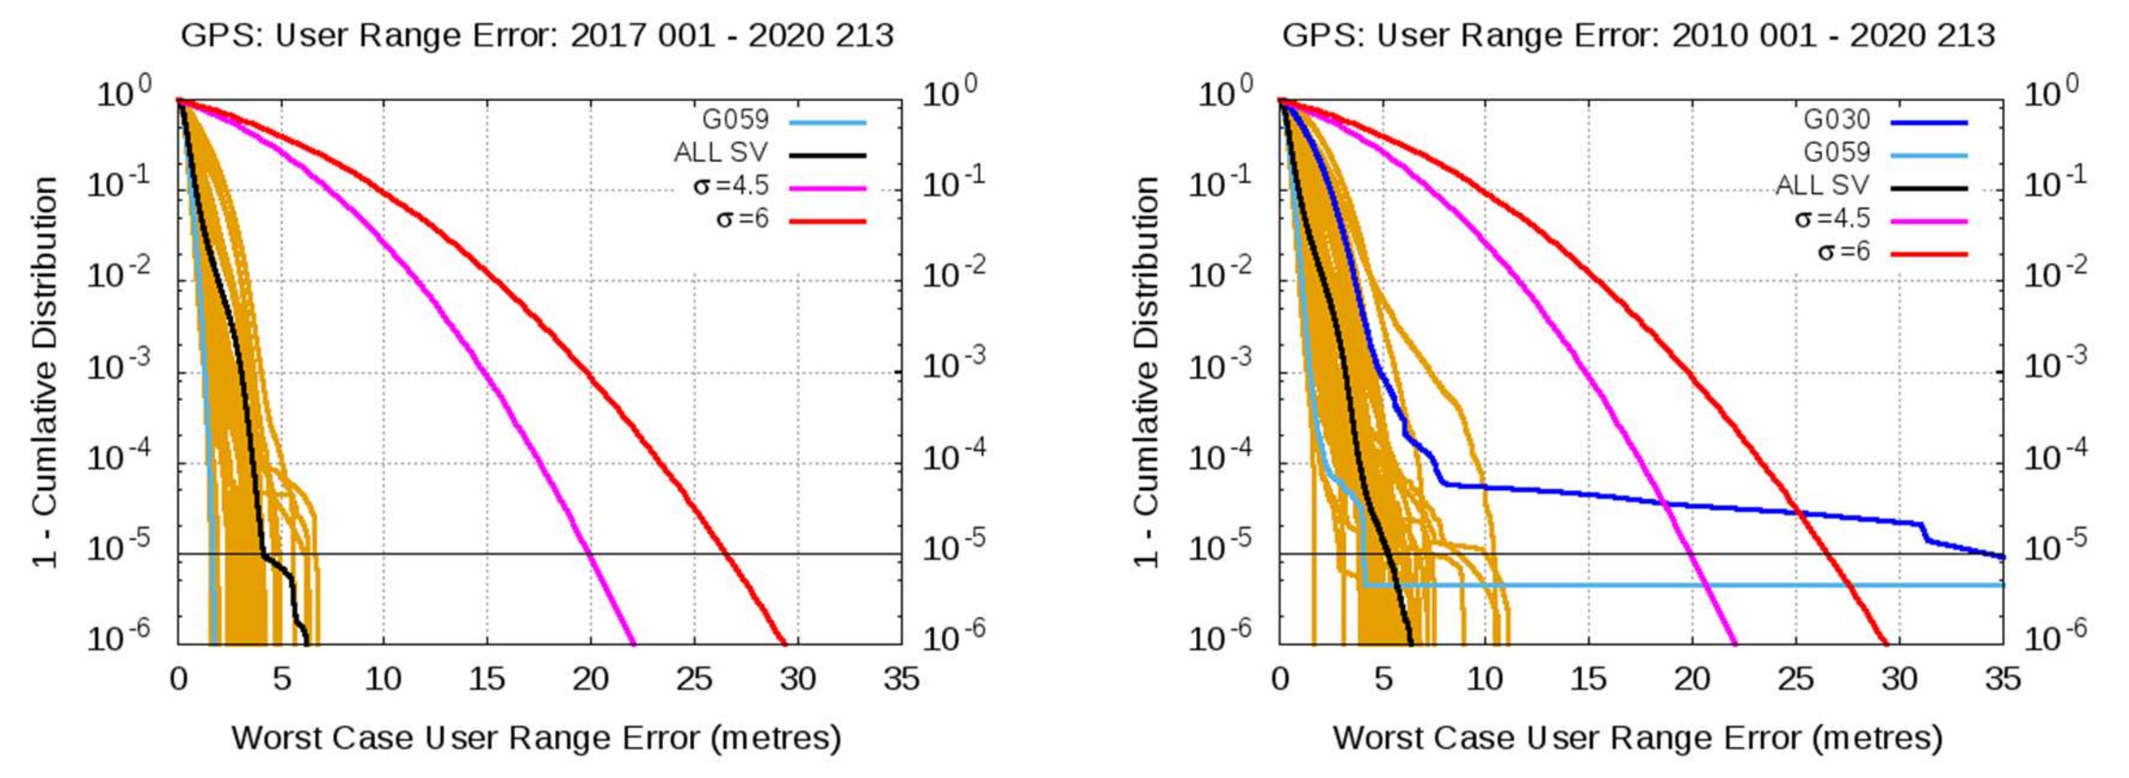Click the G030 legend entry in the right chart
click(1836, 120)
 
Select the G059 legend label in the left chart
click(735, 120)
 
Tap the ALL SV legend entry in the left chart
click(721, 153)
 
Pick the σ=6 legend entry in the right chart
click(1843, 251)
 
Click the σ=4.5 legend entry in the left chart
click(730, 186)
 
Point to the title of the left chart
click(537, 36)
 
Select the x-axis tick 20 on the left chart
click(590, 679)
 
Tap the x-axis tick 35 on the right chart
click(2002, 679)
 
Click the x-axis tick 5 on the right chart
click(1383, 679)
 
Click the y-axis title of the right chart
click(1146, 372)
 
